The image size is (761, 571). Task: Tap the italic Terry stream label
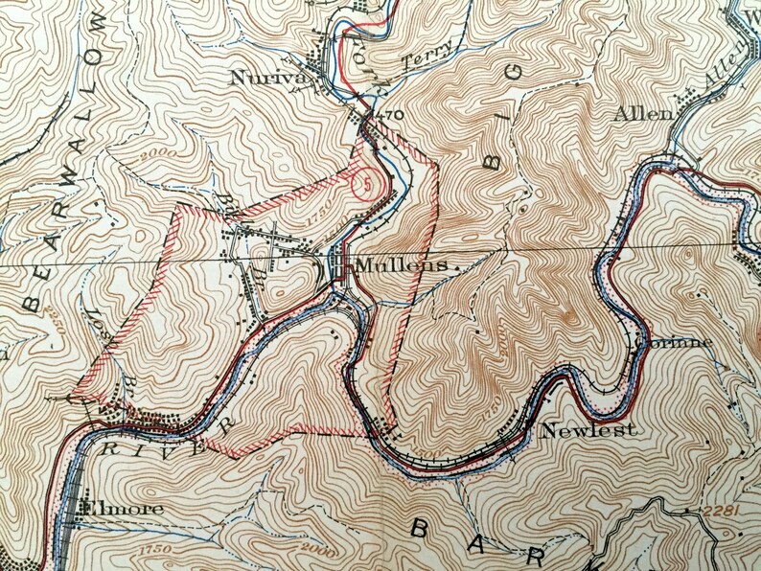coord(419,59)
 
